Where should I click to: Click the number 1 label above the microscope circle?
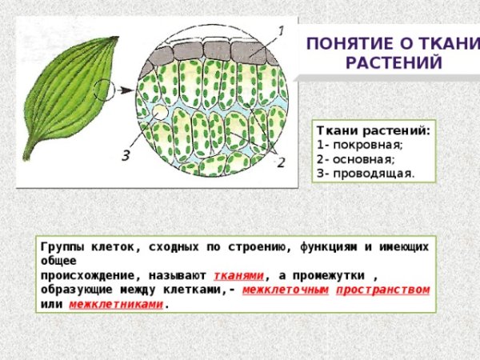[280, 30]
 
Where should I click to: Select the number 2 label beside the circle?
[281, 162]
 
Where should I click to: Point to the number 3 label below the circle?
[126, 154]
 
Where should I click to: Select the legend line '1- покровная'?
[361, 145]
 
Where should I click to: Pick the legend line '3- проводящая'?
[366, 172]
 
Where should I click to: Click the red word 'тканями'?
[238, 274]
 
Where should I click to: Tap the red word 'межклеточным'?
[285, 289]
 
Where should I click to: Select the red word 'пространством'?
[382, 289]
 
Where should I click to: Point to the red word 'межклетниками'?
[116, 304]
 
